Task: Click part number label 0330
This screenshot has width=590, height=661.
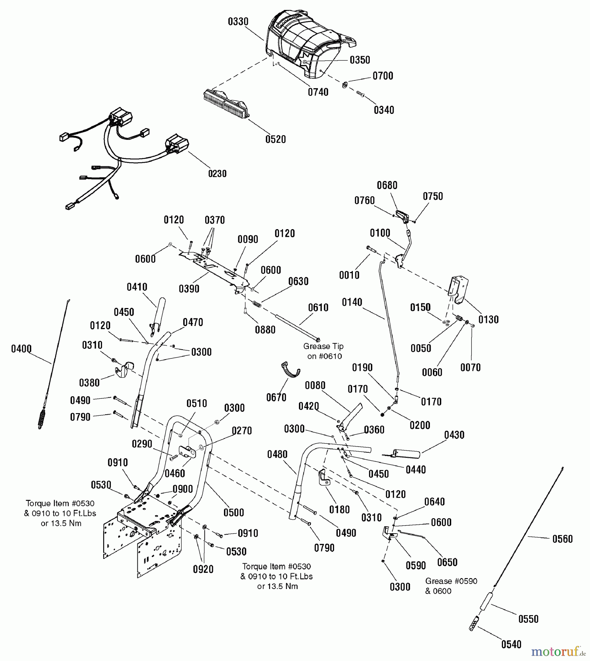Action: coord(238,22)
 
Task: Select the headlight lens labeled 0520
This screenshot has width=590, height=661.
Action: coord(225,104)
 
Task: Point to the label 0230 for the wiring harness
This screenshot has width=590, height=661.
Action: coord(217,173)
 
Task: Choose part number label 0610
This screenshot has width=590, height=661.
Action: coord(318,308)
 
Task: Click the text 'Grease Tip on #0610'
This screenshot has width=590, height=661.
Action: coord(323,351)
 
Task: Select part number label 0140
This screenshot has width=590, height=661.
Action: coord(352,302)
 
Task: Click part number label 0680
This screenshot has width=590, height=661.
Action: coord(387,185)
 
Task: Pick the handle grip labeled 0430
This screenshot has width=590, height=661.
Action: coord(406,454)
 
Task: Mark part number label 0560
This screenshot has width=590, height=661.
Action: coord(562,539)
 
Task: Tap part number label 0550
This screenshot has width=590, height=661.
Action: coord(528,619)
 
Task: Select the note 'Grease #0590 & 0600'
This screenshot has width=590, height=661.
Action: coord(451,586)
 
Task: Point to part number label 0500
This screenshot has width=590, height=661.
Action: coord(234,513)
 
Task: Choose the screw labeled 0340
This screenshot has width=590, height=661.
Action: coord(360,94)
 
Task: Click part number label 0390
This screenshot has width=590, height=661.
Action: coord(189,289)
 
